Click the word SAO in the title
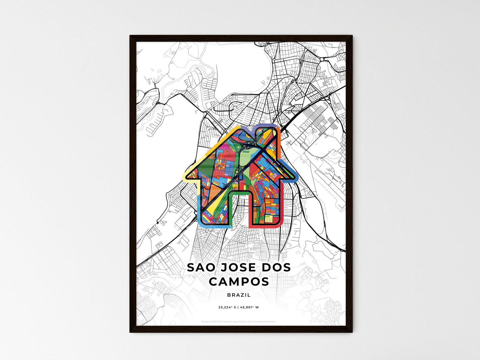tap(198, 267)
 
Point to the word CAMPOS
tap(239, 282)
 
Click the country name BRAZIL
tap(239, 295)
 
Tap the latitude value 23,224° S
tap(227, 307)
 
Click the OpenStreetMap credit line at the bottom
tap(239, 321)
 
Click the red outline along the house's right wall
tap(282, 206)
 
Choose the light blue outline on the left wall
tap(199, 206)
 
